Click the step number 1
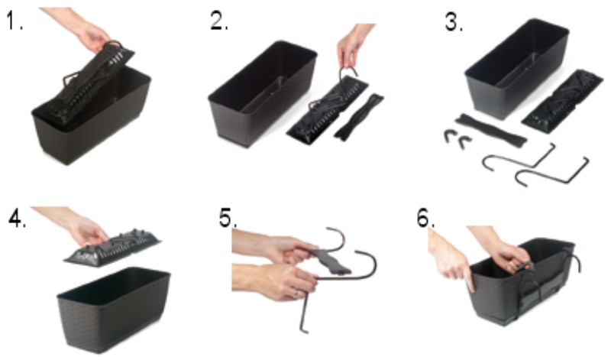[x=15, y=22]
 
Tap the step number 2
[x=219, y=21]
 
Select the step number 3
[x=454, y=24]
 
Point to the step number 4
[x=18, y=219]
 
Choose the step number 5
[x=228, y=219]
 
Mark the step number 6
[x=426, y=218]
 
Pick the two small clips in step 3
[x=457, y=139]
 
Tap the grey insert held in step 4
[x=113, y=248]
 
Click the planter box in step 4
[x=113, y=310]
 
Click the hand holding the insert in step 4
[x=74, y=226]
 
